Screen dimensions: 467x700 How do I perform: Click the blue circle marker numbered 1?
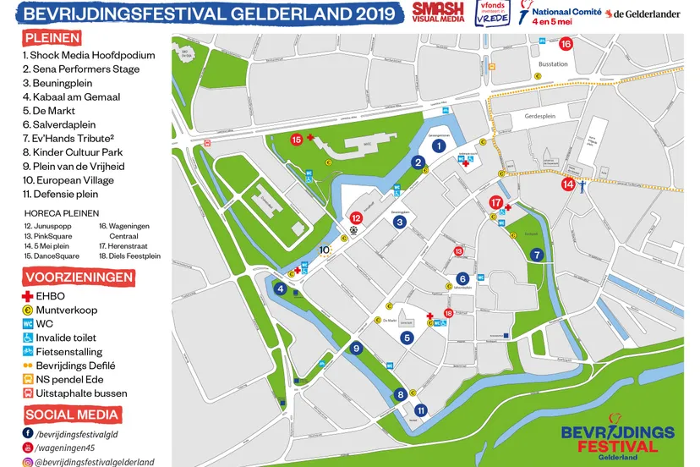coord(438,146)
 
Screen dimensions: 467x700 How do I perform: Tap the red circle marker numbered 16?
coord(566,44)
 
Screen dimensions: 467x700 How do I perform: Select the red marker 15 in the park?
coord(297,140)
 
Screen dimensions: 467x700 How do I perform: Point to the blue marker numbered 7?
coord(536,255)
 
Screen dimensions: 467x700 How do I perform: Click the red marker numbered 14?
coord(568,184)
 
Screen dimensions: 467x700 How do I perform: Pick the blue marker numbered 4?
coord(280,288)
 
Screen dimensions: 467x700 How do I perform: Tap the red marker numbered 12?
coord(356,218)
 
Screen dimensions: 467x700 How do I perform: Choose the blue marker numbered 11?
coord(421,410)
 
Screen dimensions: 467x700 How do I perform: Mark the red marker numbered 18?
coord(448,313)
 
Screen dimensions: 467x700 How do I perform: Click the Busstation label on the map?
coord(553,64)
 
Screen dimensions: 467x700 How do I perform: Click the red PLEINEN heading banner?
coord(53,38)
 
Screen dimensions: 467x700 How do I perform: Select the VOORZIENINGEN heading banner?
coord(78,277)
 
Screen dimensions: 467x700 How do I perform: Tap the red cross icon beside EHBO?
coord(28,296)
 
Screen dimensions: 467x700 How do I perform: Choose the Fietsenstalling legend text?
coord(68,352)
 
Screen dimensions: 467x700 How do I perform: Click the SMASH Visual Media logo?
coord(437,12)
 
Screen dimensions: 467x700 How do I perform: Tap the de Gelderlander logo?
coord(647,14)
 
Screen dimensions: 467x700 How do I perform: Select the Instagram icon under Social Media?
coord(28,462)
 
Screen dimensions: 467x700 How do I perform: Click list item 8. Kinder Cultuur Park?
coord(74,152)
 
